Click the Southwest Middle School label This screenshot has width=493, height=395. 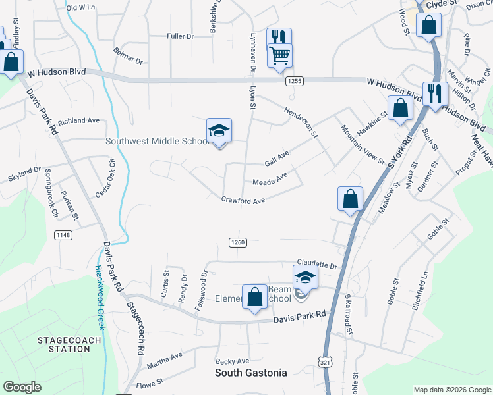(x=158, y=142)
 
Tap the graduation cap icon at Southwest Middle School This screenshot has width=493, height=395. (x=219, y=130)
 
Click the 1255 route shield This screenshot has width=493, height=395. (x=294, y=80)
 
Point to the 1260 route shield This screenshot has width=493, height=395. (x=238, y=242)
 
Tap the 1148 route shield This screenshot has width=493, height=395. (x=64, y=234)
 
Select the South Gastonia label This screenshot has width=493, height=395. (x=251, y=373)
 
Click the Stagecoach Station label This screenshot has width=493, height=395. (x=69, y=344)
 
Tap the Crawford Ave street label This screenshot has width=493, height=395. (x=243, y=199)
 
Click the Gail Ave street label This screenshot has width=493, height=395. (x=277, y=159)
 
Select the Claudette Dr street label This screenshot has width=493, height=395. (x=316, y=265)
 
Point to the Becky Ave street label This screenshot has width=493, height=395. (x=233, y=361)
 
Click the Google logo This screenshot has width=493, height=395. (x=22, y=386)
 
